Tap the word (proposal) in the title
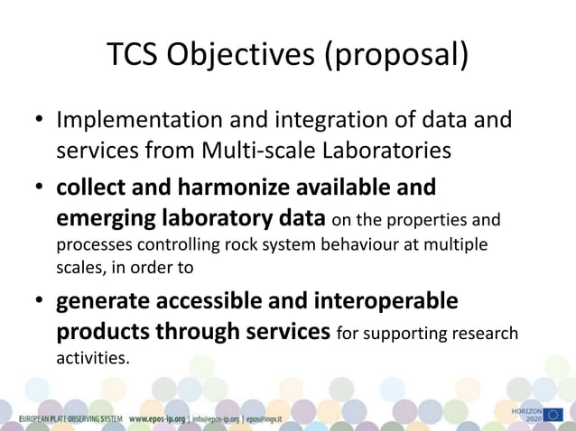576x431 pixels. click(397, 55)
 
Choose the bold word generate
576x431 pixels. click(107, 300)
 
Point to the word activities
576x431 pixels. click(93, 358)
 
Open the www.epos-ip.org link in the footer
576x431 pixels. click(157, 419)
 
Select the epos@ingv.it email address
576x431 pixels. click(265, 419)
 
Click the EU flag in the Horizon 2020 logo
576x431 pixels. click(553, 415)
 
